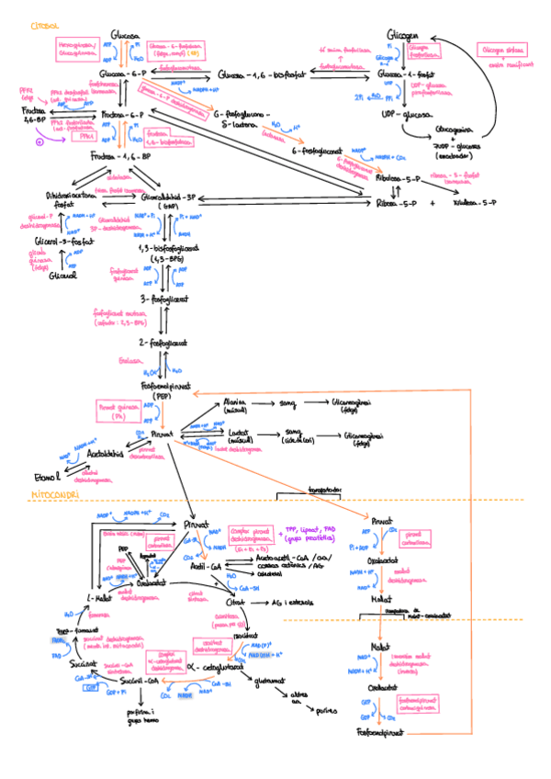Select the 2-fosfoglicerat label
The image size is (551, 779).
[x=163, y=342]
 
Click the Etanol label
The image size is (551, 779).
[x=47, y=478]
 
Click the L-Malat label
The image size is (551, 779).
[x=99, y=599]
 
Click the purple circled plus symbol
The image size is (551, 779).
[x=39, y=142]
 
